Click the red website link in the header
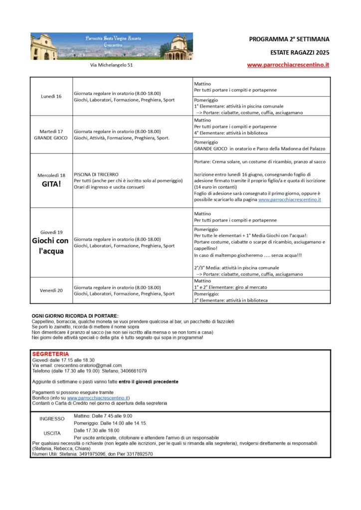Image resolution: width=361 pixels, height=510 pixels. [x=288, y=65]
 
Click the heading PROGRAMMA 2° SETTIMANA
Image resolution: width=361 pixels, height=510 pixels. [x=289, y=39]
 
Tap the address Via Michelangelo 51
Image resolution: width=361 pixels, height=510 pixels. [x=111, y=65]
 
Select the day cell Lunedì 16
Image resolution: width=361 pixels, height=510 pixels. [x=51, y=96]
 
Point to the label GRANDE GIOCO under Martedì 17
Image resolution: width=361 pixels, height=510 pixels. [x=51, y=138]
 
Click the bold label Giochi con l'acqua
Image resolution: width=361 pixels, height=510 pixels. [x=51, y=246]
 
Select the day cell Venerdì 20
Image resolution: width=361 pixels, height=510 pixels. [x=51, y=290]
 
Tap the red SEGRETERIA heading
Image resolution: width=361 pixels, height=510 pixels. [x=50, y=354]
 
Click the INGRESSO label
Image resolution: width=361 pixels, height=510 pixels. [x=52, y=419]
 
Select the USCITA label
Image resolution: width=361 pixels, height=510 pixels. [x=52, y=433]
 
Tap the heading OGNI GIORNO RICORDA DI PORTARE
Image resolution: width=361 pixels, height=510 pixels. [x=75, y=316]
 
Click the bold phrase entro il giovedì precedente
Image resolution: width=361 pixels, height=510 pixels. [x=148, y=382]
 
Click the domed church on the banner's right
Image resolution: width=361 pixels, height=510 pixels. [x=178, y=47]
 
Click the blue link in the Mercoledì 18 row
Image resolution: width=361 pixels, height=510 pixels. [x=290, y=199]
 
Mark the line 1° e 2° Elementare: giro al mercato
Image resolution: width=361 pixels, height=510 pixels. [x=230, y=287]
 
